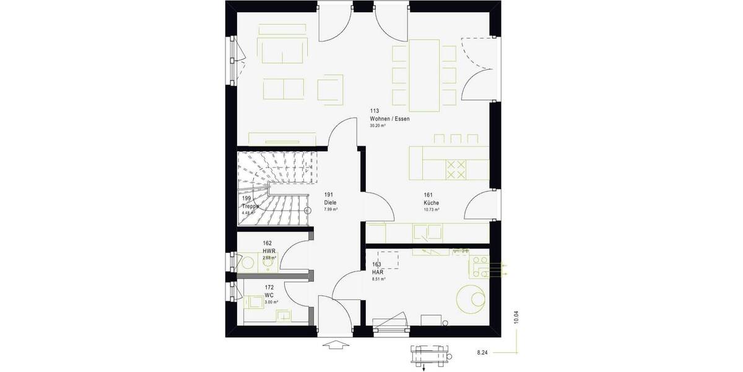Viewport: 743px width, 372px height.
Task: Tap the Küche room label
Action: [432, 203]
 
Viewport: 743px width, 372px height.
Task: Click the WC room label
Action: [269, 295]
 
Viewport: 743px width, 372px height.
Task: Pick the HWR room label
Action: [268, 250]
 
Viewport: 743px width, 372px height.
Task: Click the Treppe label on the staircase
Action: [250, 206]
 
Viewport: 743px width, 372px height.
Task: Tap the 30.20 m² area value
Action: [378, 125]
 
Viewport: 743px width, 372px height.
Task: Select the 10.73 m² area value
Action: [432, 210]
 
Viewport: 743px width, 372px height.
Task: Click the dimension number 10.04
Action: [516, 317]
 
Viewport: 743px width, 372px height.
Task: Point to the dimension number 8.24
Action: [482, 352]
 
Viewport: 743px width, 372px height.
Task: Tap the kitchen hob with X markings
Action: [457, 169]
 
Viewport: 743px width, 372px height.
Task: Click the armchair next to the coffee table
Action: [331, 89]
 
